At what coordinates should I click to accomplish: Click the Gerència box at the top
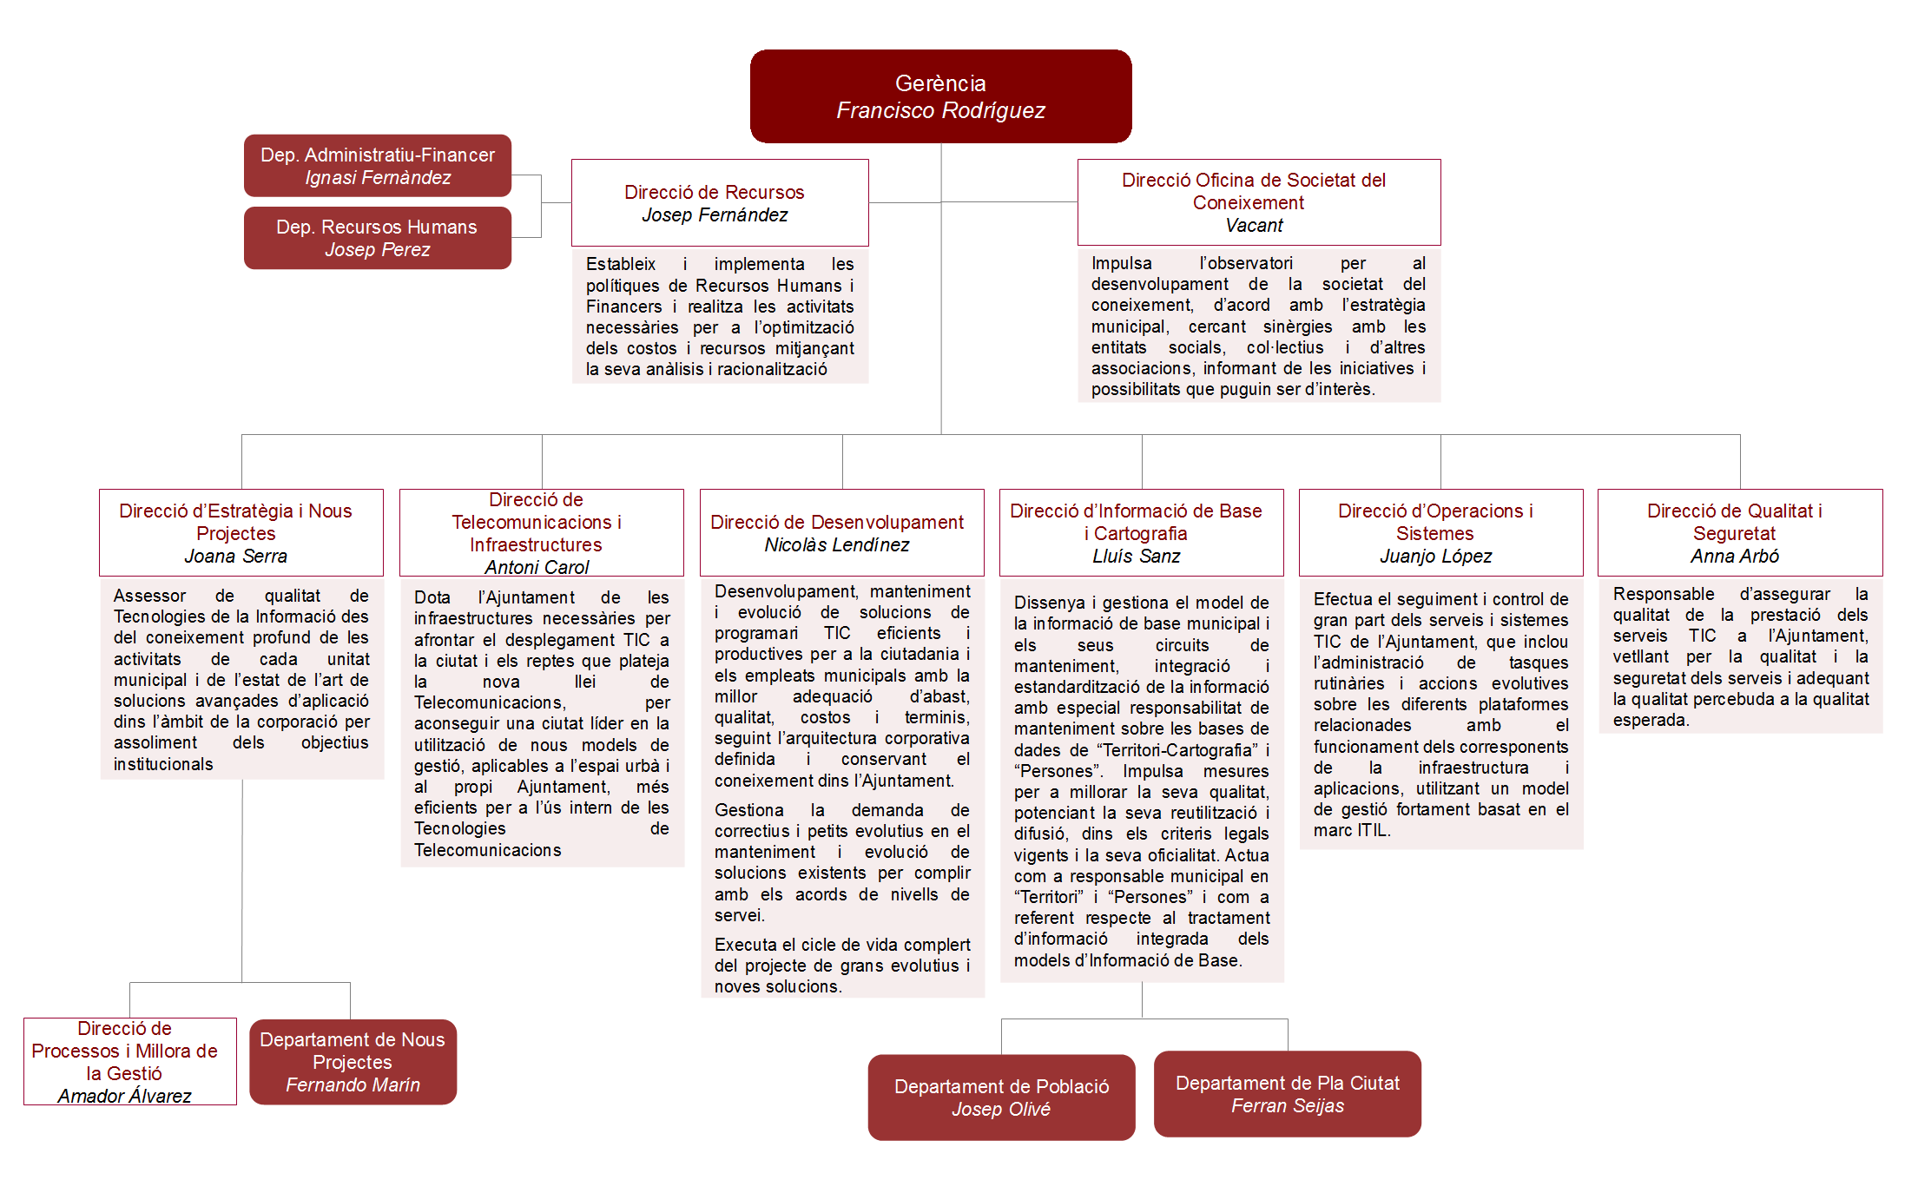coord(940,96)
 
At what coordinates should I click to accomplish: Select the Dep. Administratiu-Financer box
coord(378,166)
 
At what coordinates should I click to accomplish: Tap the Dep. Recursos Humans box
coord(378,238)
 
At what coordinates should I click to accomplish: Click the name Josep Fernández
coord(715,215)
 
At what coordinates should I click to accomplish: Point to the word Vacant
coord(1254,226)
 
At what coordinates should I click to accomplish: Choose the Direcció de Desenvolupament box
coord(841,532)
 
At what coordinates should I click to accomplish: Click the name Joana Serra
coord(235,557)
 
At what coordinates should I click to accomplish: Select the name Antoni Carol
coord(537,568)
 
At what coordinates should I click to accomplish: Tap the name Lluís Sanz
coord(1136,557)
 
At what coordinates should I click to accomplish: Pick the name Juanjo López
coord(1435,557)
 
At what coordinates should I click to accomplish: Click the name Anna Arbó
coord(1734,557)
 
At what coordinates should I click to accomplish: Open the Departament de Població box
coord(1001,1098)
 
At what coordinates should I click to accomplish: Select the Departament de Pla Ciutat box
coord(1287,1094)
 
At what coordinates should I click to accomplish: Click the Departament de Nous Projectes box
coord(353,1062)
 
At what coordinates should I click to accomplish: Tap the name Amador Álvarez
coord(124,1097)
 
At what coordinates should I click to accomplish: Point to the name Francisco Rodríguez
coord(940,111)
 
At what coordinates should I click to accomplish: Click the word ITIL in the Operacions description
coord(1372,831)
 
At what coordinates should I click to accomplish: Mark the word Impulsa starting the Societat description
coord(1121,264)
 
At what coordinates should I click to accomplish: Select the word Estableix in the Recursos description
coord(620,265)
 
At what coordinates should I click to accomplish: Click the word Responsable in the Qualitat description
coord(1663,595)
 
